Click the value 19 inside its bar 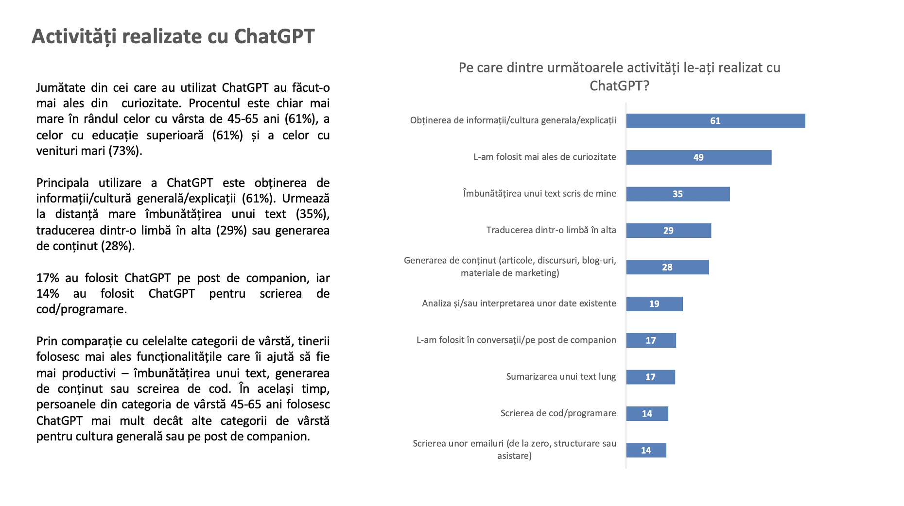point(654,304)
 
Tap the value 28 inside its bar point(667,267)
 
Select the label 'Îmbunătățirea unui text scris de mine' point(539,193)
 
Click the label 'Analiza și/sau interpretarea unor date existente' point(519,303)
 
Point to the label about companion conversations point(516,340)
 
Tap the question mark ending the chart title point(646,86)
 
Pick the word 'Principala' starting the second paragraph point(62,183)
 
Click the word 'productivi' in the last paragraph point(89,373)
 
